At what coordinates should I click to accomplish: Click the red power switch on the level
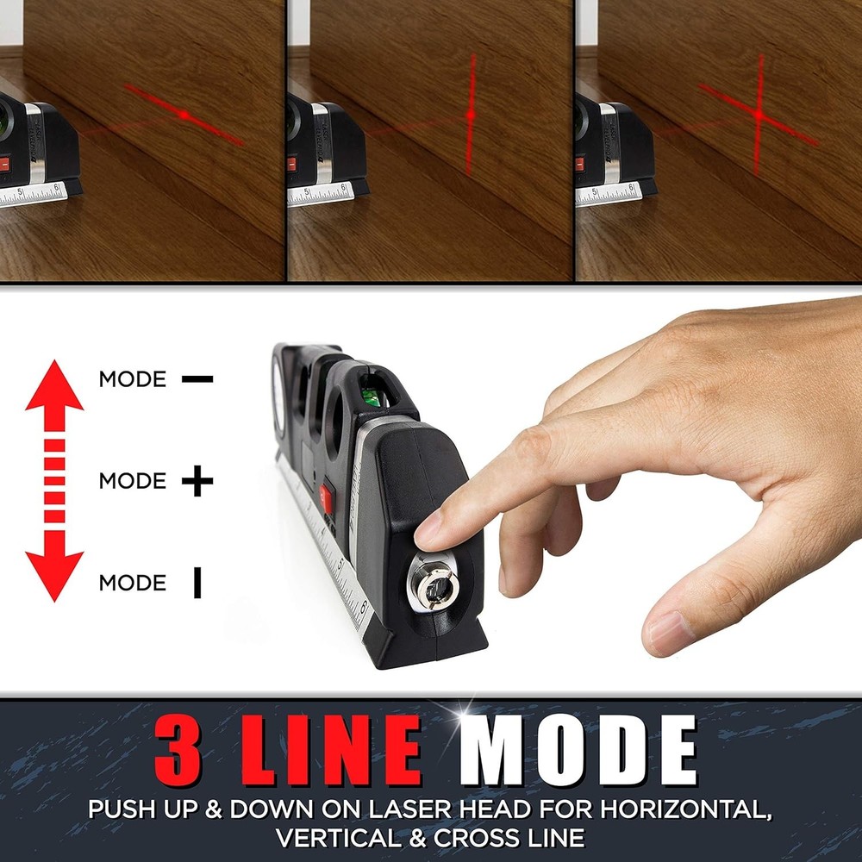pyautogui.click(x=327, y=497)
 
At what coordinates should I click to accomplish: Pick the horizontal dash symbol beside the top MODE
pyautogui.click(x=197, y=378)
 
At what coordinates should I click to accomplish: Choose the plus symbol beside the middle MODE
pyautogui.click(x=197, y=481)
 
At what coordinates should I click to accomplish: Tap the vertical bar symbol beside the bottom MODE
pyautogui.click(x=197, y=584)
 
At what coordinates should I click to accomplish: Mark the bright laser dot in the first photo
pyautogui.click(x=184, y=114)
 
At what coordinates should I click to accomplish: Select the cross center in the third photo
pyautogui.click(x=759, y=113)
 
